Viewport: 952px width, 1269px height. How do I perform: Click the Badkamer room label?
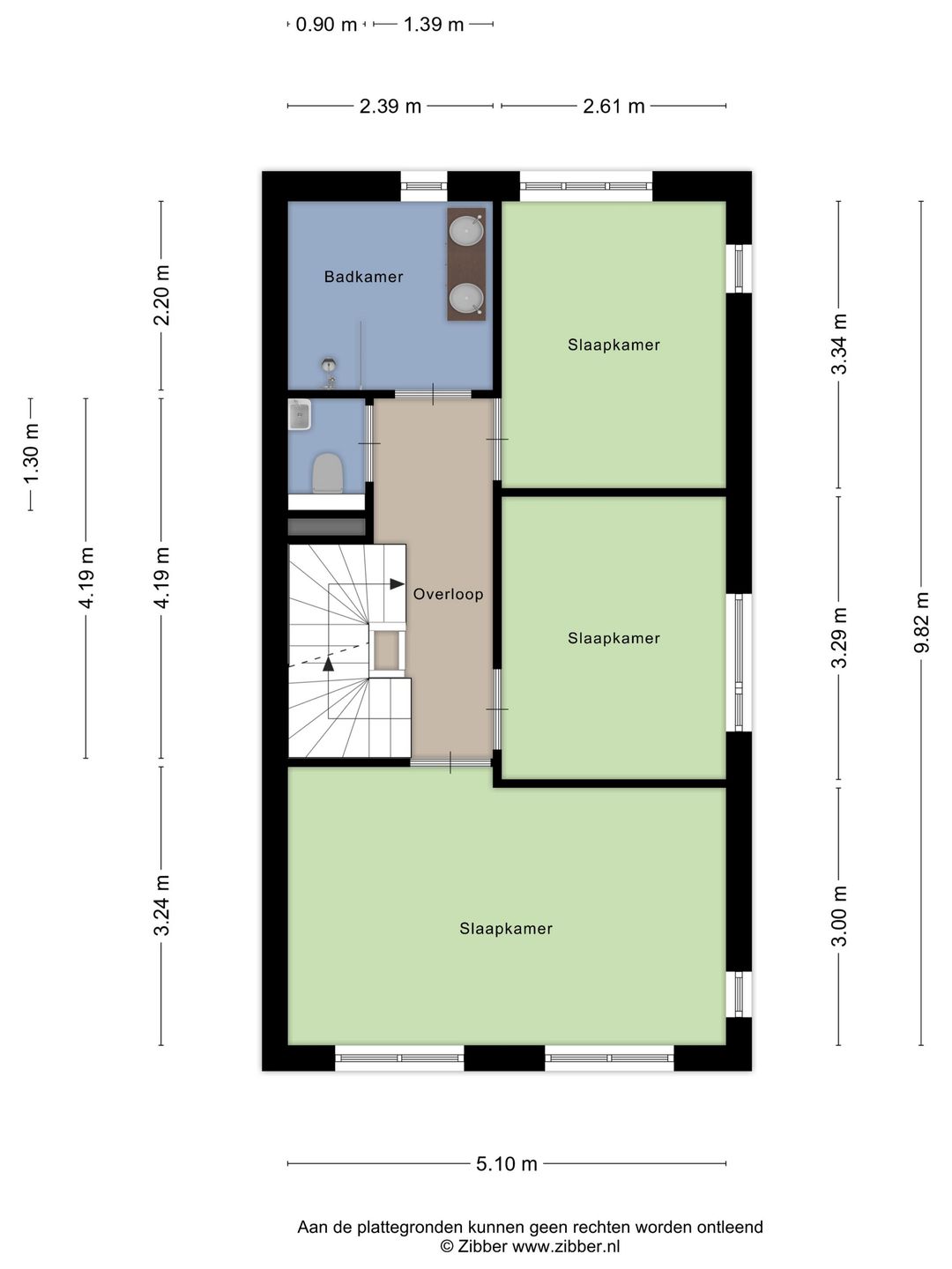363,277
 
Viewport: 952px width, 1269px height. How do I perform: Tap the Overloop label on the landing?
448,594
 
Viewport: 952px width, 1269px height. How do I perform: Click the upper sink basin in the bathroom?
466,229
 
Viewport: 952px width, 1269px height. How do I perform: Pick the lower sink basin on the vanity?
466,298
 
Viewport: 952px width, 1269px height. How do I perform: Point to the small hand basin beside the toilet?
300,414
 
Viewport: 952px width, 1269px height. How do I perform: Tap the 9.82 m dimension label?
921,622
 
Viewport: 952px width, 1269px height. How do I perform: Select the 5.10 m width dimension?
506,1164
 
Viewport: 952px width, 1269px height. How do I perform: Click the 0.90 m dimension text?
326,25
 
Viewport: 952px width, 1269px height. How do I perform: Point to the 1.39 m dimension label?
434,25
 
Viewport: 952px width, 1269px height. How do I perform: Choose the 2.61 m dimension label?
614,107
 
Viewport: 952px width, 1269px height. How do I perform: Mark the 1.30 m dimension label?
30,454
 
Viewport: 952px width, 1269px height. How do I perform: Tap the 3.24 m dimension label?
161,905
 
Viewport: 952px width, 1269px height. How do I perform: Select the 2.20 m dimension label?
161,295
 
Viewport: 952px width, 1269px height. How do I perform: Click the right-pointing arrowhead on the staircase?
397,584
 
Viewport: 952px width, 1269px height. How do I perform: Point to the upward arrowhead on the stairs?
328,664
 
